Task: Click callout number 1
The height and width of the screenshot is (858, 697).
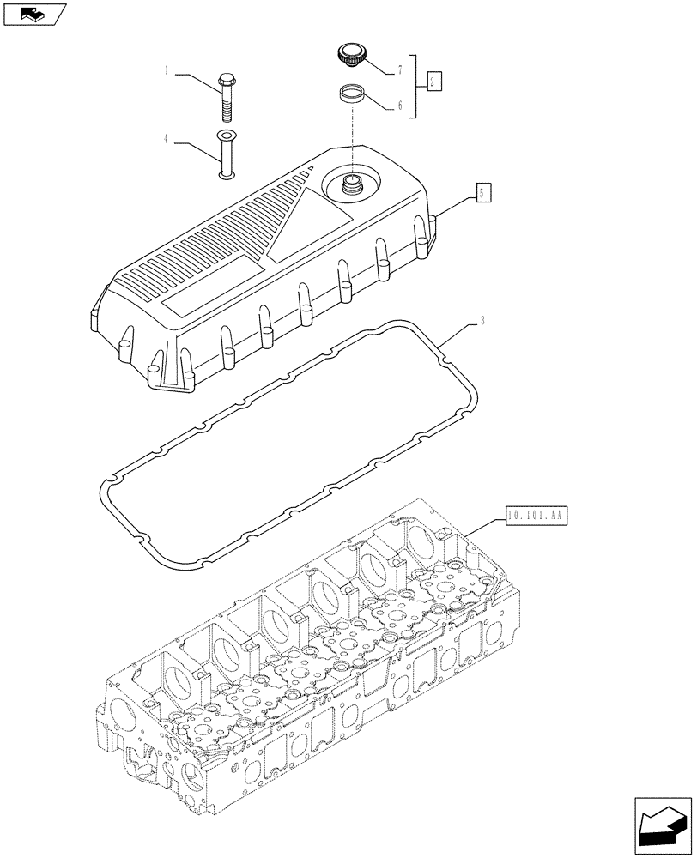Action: coord(167,74)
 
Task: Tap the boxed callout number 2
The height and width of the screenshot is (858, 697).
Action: coord(433,82)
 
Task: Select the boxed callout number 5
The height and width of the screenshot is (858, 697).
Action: coord(485,193)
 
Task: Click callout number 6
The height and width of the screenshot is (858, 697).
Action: coord(399,108)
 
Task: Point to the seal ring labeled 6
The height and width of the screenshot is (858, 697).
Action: coord(352,94)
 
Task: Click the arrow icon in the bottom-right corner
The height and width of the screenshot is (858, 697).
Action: coord(662,825)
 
